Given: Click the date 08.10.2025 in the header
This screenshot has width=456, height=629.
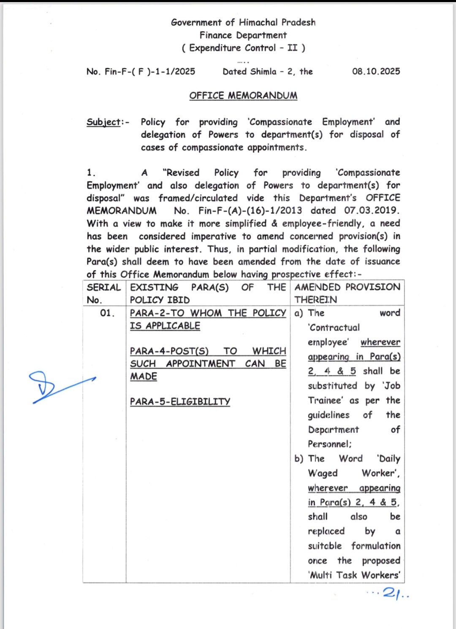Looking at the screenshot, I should [376, 71].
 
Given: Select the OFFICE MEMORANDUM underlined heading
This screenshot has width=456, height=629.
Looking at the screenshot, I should [243, 96].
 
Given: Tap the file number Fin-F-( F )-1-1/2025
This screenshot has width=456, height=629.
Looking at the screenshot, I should [150, 72].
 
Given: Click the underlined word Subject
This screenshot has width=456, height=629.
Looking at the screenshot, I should [103, 122].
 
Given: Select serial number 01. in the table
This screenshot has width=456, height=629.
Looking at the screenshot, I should [107, 313].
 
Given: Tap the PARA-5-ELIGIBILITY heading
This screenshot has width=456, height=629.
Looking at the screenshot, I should [180, 402].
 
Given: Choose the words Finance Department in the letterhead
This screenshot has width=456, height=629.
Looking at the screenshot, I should [243, 35].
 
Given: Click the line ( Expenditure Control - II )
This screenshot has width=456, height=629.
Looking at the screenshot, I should [243, 48].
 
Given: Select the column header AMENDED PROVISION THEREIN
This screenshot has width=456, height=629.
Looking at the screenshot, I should [347, 293].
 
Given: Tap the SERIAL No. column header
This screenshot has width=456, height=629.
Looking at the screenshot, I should [104, 293].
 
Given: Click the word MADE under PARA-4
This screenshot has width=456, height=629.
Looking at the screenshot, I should [144, 376].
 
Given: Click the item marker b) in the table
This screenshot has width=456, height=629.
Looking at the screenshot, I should [299, 459].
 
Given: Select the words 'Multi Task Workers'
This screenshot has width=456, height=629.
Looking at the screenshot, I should [354, 575].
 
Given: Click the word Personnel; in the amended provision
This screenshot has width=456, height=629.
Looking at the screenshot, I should [329, 444].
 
